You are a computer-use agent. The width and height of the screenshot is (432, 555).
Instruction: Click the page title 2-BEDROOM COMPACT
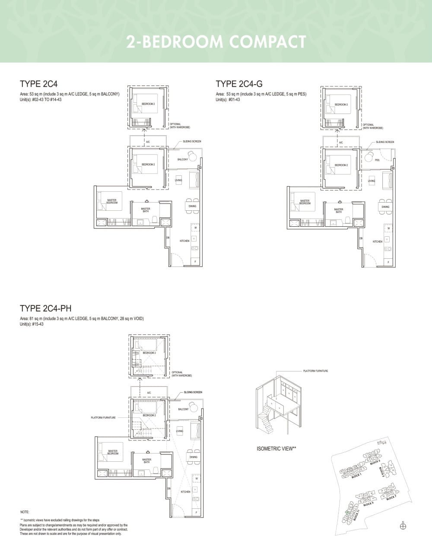point(216,42)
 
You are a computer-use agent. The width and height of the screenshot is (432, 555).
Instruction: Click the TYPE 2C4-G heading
point(239,84)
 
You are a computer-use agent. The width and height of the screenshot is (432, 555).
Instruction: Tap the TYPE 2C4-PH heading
point(46,308)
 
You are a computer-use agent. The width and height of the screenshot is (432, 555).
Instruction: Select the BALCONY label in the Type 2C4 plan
point(183,159)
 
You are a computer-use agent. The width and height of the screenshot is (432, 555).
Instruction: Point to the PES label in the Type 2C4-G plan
point(377,160)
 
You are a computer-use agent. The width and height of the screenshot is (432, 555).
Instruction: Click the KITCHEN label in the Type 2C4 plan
point(184,241)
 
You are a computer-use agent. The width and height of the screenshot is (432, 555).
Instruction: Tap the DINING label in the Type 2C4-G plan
point(385,207)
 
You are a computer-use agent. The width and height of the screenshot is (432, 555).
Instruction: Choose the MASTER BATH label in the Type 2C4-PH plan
point(146,461)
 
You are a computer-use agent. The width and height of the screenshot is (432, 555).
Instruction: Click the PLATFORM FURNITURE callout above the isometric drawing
point(315,371)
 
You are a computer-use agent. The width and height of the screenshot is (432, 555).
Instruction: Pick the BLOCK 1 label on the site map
point(356,476)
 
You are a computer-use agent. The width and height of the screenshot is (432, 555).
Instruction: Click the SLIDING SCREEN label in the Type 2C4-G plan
point(385,142)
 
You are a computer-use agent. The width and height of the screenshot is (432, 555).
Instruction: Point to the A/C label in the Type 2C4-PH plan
point(149,393)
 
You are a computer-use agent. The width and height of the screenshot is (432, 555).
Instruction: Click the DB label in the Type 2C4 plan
point(168,238)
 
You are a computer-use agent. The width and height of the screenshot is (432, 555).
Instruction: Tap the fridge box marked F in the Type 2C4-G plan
point(388,262)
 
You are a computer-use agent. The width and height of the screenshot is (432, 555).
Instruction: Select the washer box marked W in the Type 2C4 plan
point(195,228)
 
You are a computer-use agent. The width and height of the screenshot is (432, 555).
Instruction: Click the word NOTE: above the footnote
point(25,512)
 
